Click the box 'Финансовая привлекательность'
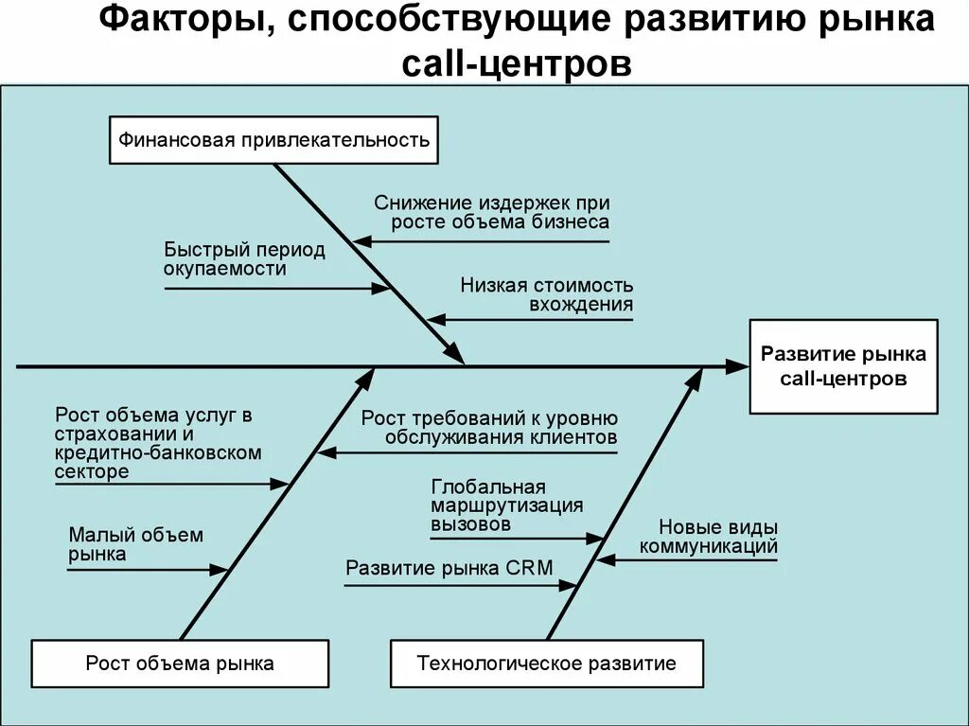273,141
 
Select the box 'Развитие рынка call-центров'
843,366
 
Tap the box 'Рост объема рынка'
180,663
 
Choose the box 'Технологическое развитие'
546,663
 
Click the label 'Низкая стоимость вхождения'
547,294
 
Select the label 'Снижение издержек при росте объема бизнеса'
491,213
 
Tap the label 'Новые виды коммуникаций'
710,537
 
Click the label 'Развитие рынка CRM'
449,568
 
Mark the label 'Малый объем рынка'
134,544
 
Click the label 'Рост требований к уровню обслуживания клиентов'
489,428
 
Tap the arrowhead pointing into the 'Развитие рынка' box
737,365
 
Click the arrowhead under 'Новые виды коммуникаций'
605,560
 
